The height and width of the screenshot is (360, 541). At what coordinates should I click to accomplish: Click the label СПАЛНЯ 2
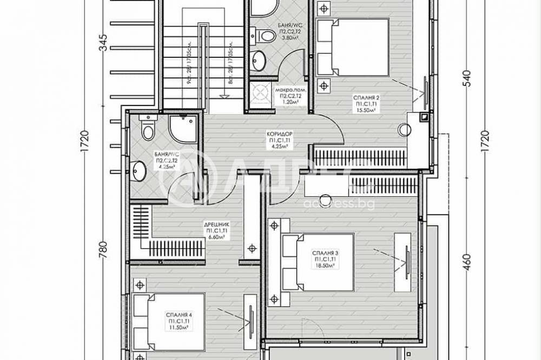366,97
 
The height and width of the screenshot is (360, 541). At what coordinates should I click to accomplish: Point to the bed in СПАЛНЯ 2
352,47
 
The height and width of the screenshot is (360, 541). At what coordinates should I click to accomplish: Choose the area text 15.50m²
366,109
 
